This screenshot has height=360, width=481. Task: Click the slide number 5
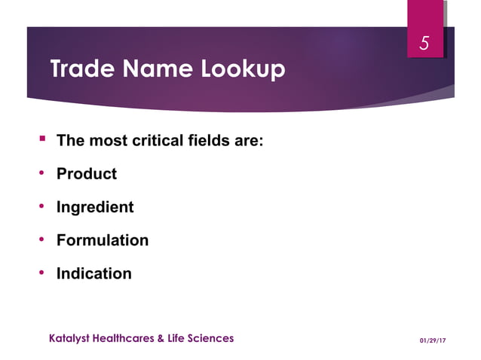[x=424, y=44]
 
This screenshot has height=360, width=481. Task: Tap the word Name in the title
[x=155, y=70]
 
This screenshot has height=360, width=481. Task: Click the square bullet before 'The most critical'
[x=42, y=139]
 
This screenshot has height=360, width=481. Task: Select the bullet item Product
[x=87, y=174]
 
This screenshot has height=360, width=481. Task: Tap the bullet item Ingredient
[x=95, y=207]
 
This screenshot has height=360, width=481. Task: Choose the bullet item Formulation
[x=103, y=240]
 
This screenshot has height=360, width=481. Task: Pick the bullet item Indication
[x=94, y=273]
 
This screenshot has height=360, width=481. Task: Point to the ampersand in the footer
[x=161, y=338]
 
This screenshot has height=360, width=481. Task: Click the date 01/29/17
[x=433, y=340]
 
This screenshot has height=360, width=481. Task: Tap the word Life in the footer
[x=177, y=338]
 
